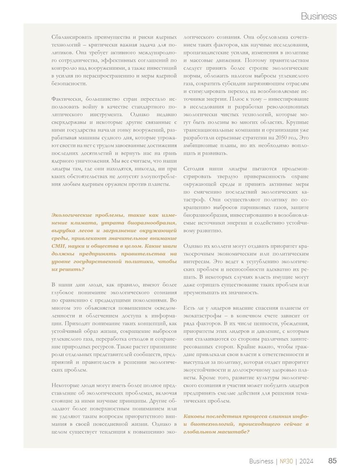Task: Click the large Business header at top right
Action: pos(318,16)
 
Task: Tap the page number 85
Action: pos(332,461)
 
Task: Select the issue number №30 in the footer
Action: pos(286,461)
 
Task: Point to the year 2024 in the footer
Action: pos(306,461)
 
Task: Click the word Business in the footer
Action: pos(261,461)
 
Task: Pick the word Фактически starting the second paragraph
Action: pos(67,99)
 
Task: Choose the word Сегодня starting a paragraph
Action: pos(193,169)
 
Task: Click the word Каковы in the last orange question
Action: pos(194,416)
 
